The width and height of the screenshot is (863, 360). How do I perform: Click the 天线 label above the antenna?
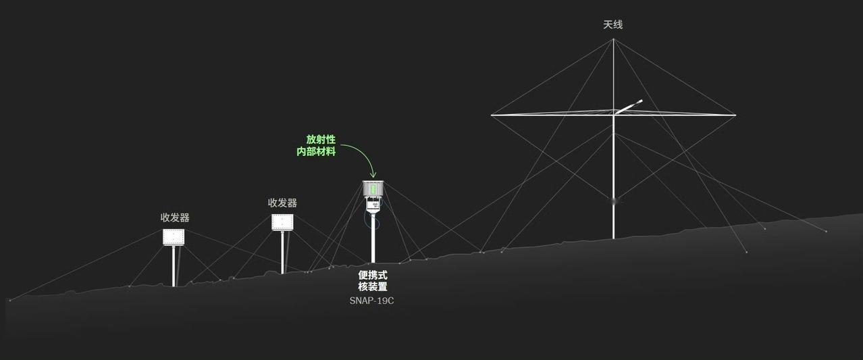click(x=612, y=25)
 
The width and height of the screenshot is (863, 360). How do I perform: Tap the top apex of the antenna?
click(x=613, y=39)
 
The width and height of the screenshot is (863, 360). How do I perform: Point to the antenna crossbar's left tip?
click(x=492, y=115)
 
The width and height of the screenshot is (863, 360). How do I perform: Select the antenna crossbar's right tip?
click(x=735, y=115)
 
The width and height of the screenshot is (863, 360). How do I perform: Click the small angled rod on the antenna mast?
click(x=630, y=107)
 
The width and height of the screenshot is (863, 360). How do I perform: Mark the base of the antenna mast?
click(x=613, y=236)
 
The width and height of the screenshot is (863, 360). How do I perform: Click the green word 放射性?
click(x=321, y=140)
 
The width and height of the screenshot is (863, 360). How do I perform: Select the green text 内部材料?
click(x=316, y=152)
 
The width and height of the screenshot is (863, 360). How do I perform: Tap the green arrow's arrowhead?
click(x=373, y=176)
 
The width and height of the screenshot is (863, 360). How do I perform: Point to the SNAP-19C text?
click(x=371, y=301)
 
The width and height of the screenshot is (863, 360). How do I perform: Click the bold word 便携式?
click(x=373, y=275)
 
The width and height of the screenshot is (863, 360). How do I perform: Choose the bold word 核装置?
click(x=373, y=287)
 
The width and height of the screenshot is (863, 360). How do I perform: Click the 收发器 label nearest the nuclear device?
click(x=282, y=203)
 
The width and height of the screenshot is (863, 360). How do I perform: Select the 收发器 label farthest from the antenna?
click(x=174, y=217)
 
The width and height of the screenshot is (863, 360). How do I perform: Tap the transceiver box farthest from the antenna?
click(x=174, y=237)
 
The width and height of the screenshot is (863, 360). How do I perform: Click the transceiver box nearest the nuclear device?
click(x=282, y=222)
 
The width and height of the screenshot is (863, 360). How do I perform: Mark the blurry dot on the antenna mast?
click(x=613, y=200)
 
